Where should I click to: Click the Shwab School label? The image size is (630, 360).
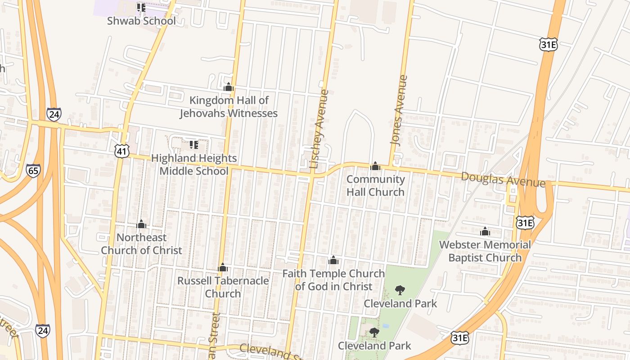tap(141, 21)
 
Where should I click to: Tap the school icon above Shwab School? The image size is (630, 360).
tap(141, 8)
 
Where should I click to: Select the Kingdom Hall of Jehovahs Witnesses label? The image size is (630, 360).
tap(229, 107)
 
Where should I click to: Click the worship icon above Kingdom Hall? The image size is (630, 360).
tap(229, 87)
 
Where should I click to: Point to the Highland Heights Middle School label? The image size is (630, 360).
tap(194, 165)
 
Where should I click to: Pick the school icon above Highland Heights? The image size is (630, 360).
tap(194, 145)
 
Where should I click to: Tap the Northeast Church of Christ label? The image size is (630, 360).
tap(141, 244)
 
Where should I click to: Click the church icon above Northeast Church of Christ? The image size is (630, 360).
tap(141, 224)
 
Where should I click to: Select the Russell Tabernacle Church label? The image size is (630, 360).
tap(223, 287)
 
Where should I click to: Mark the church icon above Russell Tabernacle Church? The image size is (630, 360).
tap(223, 268)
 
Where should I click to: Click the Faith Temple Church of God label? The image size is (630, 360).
tap(333, 280)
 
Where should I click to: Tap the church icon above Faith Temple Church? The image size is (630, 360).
tap(333, 260)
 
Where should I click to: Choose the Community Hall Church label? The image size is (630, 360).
tap(375, 185)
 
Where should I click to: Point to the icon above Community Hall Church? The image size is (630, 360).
tap(375, 166)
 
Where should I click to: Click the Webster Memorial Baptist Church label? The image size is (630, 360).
tap(485, 251)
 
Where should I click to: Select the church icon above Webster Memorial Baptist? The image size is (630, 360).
tap(485, 231)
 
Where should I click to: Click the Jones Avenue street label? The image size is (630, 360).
tap(399, 110)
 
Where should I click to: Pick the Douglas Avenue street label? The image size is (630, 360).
tap(503, 179)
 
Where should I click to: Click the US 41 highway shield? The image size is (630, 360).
tap(122, 151)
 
